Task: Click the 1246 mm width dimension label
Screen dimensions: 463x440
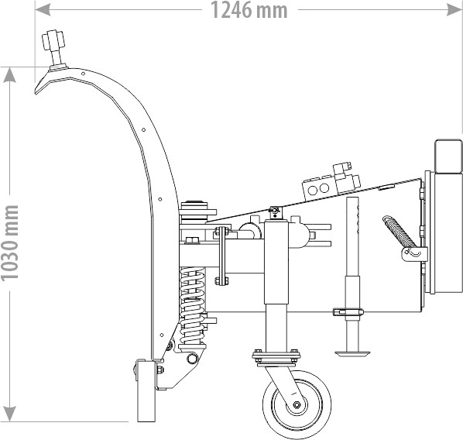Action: coord(249,10)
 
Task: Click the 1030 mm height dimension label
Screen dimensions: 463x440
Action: coord(10,243)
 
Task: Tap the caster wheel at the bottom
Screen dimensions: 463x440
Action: coord(297,404)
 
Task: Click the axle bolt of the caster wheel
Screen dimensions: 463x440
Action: coord(297,404)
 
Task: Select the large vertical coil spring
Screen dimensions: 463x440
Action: coord(192,305)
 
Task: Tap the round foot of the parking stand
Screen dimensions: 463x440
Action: coord(352,352)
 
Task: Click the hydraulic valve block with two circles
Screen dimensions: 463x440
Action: coord(319,188)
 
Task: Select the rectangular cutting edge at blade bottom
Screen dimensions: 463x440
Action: coord(146,390)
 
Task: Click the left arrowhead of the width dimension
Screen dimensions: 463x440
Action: coord(41,10)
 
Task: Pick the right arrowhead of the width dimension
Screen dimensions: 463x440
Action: coord(455,10)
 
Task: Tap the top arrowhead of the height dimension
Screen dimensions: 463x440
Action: coord(10,74)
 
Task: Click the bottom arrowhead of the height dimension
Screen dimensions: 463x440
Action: coord(10,414)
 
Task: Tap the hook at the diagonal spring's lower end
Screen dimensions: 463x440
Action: coord(414,252)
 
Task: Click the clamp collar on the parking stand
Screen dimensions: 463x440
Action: coord(348,311)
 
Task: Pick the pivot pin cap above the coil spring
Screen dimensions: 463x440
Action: coord(194,205)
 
